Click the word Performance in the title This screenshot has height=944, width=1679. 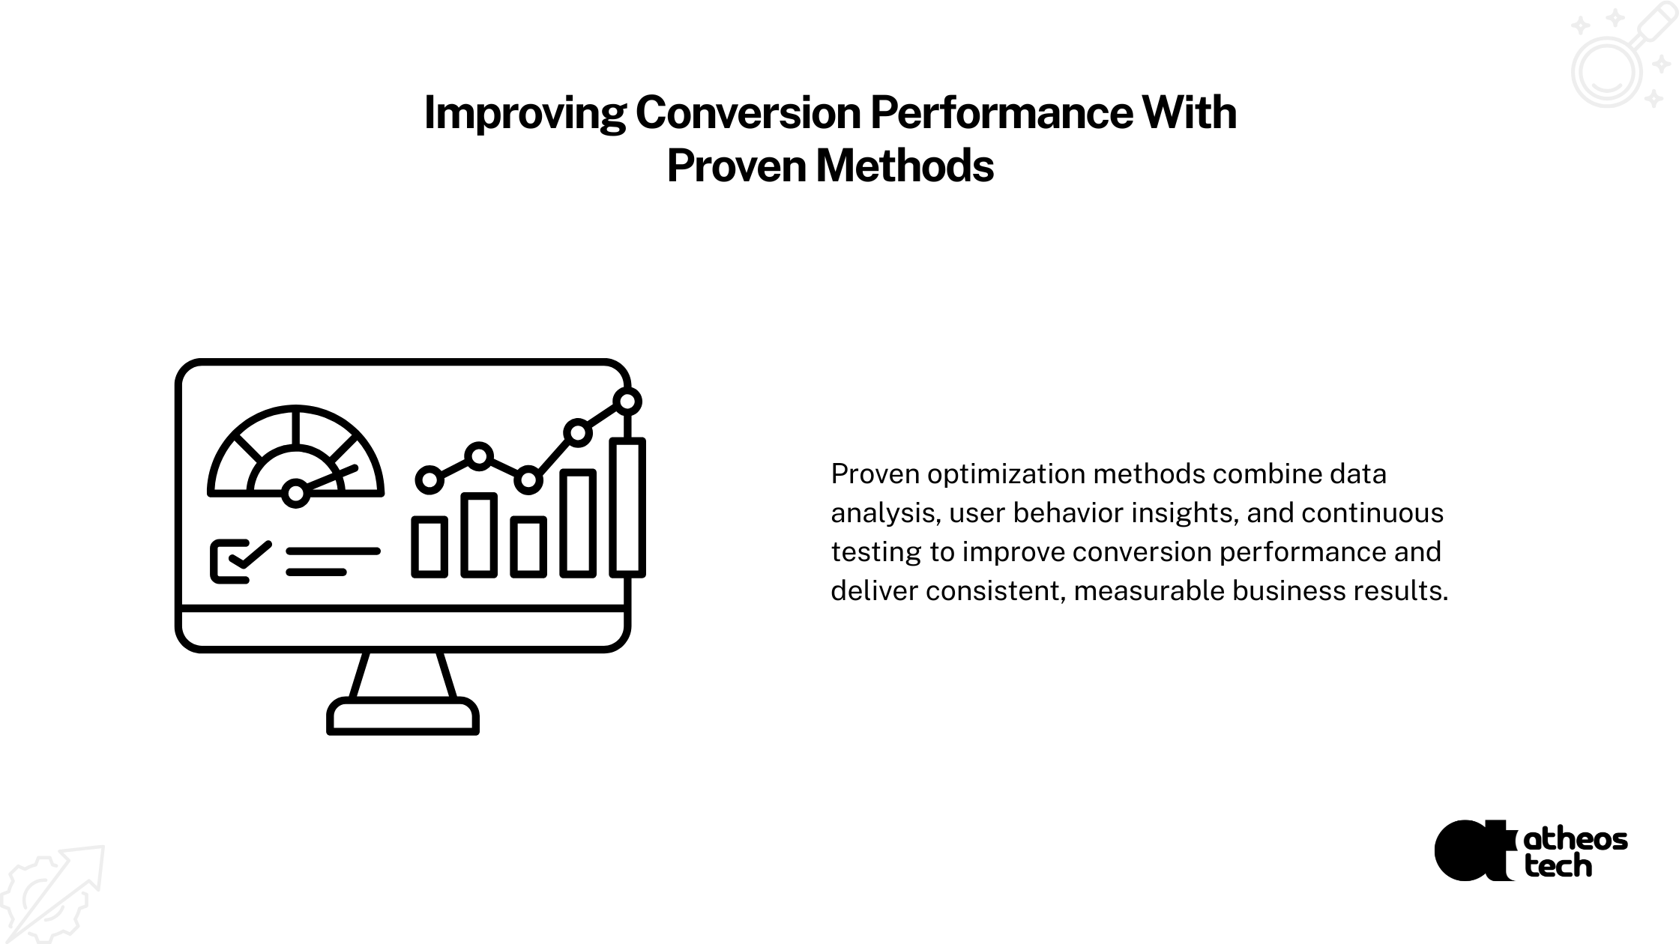coord(1001,113)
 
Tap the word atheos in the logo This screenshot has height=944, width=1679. coord(1576,839)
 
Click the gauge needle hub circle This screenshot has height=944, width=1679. coord(296,493)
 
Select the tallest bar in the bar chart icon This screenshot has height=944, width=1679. coord(627,507)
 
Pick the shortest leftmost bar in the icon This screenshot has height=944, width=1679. coord(429,547)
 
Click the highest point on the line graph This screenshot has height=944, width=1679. coord(627,402)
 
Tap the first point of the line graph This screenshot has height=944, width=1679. coord(429,479)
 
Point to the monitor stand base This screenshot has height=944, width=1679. coord(403,716)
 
